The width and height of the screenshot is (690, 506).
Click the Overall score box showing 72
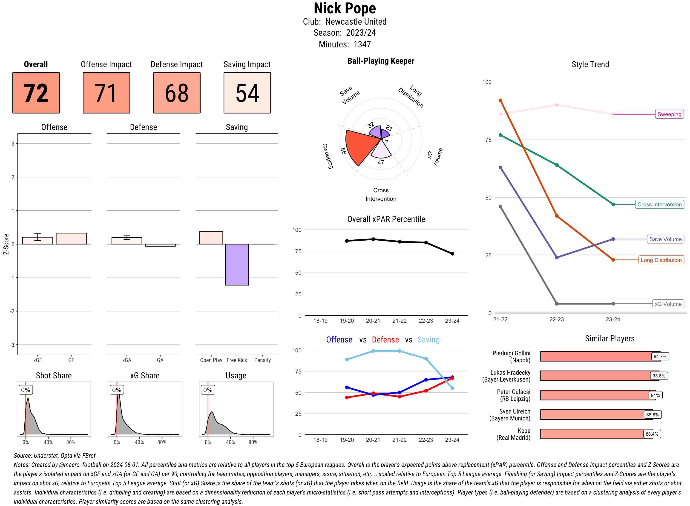(36, 93)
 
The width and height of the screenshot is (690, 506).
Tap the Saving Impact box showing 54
(247, 93)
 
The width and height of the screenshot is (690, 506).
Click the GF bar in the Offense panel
(71, 239)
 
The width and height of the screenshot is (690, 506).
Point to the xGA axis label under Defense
(126, 360)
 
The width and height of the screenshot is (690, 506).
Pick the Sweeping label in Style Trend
(669, 114)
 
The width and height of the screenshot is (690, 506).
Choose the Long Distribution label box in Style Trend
(661, 260)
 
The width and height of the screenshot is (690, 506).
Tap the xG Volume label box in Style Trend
(668, 304)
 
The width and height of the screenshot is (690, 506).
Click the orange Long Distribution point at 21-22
(500, 101)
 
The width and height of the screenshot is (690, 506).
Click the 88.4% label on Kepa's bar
(652, 434)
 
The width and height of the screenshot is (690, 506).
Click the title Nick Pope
(345, 9)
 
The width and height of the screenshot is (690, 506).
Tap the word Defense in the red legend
(385, 340)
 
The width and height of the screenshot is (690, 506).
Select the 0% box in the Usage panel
(208, 390)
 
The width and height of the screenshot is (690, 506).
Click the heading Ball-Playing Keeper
(381, 61)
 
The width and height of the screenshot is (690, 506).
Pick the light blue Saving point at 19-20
(347, 359)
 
